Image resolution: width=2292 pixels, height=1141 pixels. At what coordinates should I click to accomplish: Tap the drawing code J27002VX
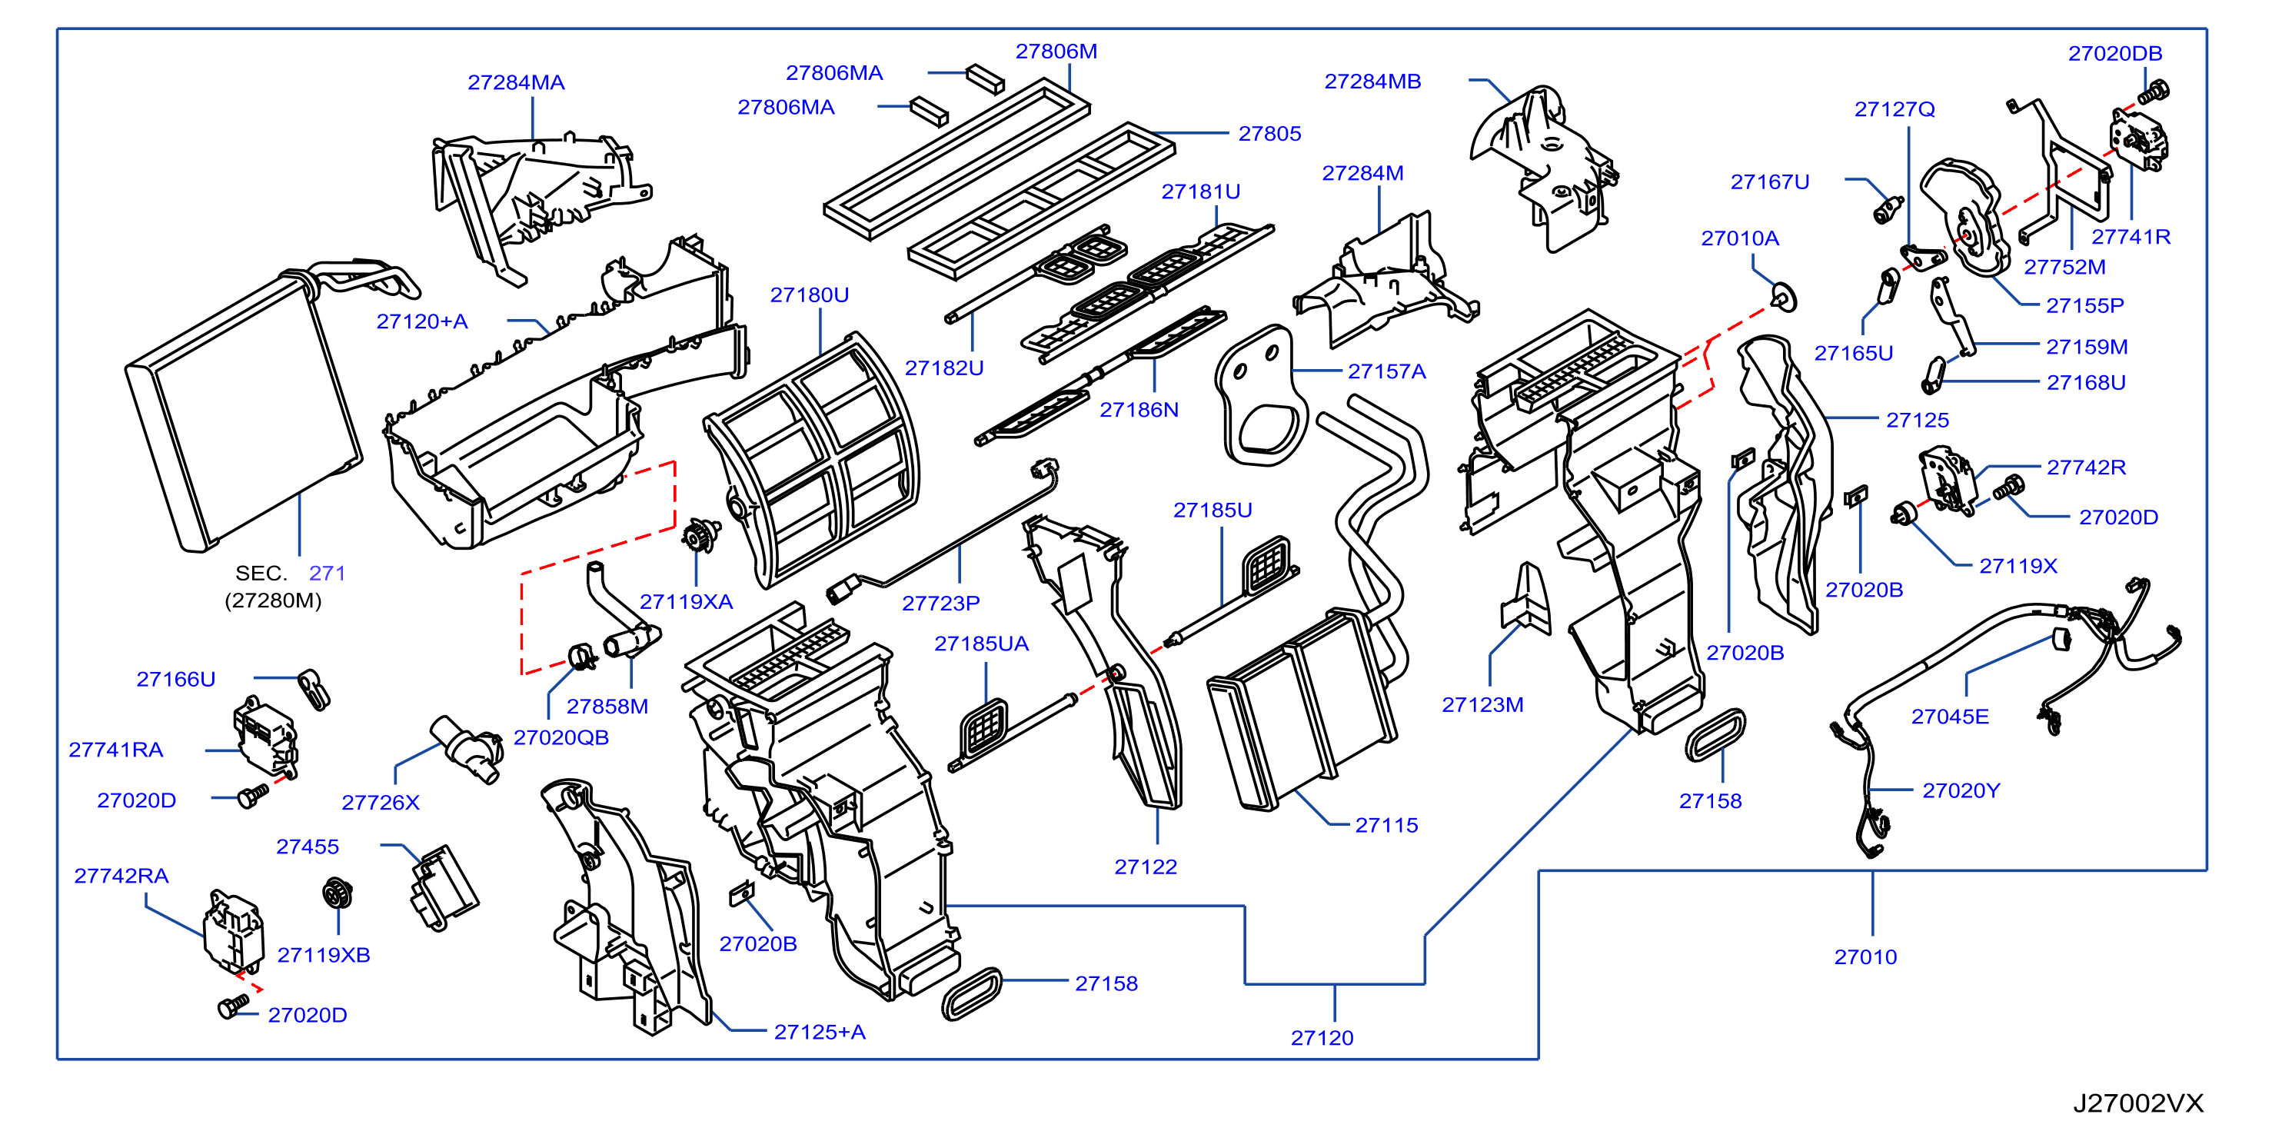tap(2138, 1103)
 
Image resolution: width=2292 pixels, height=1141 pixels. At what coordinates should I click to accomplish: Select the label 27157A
tap(1386, 371)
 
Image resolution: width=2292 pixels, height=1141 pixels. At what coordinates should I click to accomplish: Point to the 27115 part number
tap(1386, 825)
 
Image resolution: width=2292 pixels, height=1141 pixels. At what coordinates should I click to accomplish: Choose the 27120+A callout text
tap(422, 321)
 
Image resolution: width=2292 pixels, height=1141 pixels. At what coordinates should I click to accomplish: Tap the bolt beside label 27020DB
tap(2154, 91)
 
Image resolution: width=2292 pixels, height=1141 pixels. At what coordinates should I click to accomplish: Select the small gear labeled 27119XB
tap(338, 892)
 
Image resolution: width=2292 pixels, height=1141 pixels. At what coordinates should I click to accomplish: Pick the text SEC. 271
tap(290, 573)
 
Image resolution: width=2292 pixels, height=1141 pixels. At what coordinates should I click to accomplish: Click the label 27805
tap(1269, 134)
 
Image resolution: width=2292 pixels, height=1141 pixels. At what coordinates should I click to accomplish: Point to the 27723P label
tap(940, 604)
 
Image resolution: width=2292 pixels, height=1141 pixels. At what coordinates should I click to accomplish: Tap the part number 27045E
tap(1949, 717)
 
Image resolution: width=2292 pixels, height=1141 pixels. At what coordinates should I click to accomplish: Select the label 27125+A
tap(820, 1032)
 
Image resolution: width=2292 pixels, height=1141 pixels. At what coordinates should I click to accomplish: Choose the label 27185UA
tap(981, 644)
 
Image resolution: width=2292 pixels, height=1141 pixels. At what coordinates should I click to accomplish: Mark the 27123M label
tap(1482, 705)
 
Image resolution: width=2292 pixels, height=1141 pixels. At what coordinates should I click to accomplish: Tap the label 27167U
tap(1770, 181)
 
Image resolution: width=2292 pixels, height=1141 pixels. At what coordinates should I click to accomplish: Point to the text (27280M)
tap(273, 600)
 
